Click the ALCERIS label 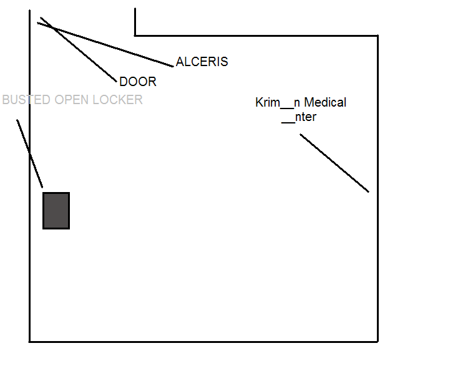[x=202, y=62]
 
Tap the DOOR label [x=137, y=82]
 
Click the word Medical [x=324, y=102]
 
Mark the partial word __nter [x=299, y=117]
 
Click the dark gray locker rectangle [x=56, y=211]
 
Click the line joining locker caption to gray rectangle [x=30, y=153]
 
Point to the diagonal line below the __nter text [x=334, y=163]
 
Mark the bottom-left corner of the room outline [x=30, y=341]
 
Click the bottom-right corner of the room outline [x=378, y=341]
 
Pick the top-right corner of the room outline [x=378, y=36]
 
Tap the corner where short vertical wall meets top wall [x=135, y=36]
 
